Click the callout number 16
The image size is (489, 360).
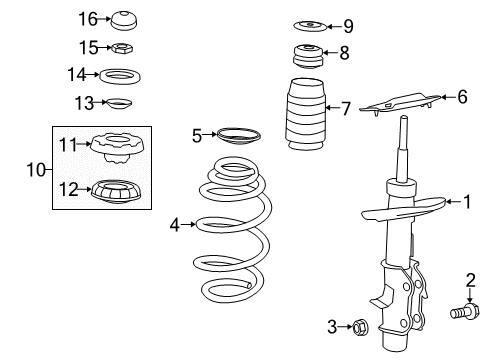tap(89, 19)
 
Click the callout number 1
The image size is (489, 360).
tap(465, 203)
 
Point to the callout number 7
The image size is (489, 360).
tap(344, 107)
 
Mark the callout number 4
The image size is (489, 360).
tap(175, 225)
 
